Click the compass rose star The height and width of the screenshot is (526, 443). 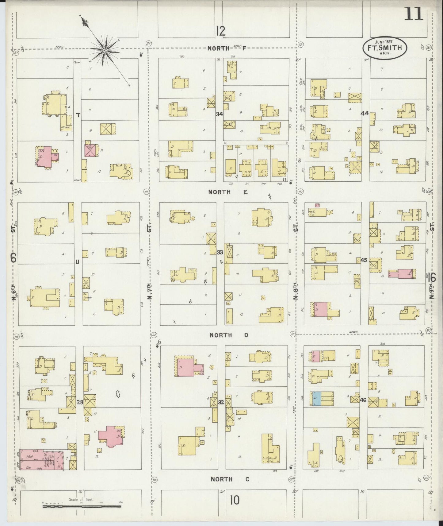[105, 50]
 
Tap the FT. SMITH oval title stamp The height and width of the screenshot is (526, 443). [385, 48]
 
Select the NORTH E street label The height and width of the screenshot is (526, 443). [228, 192]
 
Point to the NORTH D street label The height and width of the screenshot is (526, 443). [229, 335]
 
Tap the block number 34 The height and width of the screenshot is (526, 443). [219, 114]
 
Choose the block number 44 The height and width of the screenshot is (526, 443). [365, 113]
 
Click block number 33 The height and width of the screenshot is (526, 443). [220, 253]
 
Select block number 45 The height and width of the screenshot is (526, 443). [364, 260]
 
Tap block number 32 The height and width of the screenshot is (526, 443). [221, 402]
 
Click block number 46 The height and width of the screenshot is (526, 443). [363, 400]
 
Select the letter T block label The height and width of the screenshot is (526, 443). [78, 115]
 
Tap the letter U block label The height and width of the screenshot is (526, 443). [77, 262]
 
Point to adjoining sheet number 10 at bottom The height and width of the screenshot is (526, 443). [235, 501]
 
